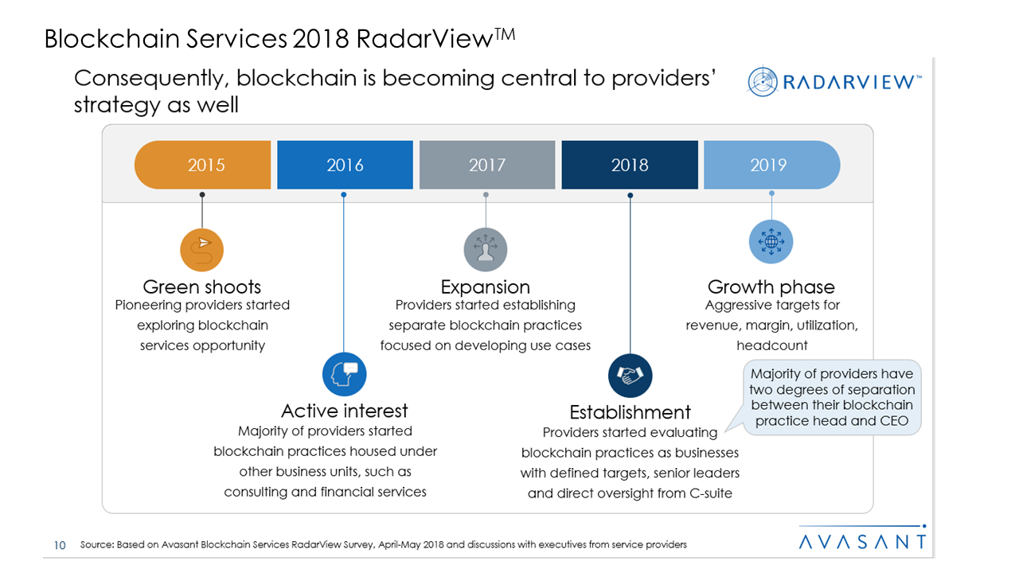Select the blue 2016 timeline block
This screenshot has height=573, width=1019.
click(x=345, y=165)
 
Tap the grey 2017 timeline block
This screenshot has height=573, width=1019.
click(x=486, y=165)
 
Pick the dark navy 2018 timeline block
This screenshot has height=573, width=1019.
click(x=629, y=165)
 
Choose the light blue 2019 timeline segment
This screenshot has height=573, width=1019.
click(x=770, y=165)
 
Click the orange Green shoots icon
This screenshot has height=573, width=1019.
click(x=202, y=250)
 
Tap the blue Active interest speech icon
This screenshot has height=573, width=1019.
click(x=344, y=374)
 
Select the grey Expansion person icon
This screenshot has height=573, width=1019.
click(x=486, y=250)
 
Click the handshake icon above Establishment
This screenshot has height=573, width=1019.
click(x=630, y=375)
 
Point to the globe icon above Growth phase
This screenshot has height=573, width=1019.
click(x=771, y=242)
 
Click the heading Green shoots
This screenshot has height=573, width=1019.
click(x=202, y=286)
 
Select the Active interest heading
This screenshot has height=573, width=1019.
click(x=344, y=411)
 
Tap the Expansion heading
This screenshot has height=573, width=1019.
click(x=486, y=286)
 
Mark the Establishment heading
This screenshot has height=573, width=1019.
click(x=630, y=412)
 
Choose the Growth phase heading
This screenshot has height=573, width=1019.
click(x=771, y=286)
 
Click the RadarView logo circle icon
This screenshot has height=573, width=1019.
click(x=763, y=81)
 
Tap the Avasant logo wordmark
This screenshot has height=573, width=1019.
click(x=863, y=541)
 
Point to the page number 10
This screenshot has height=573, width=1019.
click(x=59, y=545)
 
